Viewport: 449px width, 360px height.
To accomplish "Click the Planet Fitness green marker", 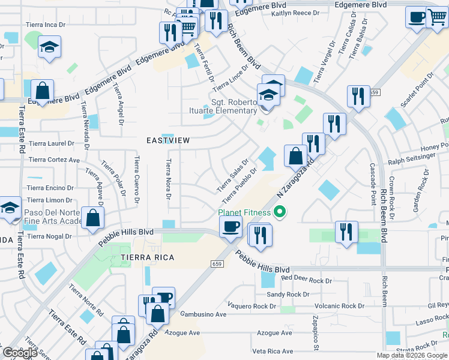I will pos(279,212).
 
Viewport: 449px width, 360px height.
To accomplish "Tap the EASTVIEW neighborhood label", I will pos(168,140).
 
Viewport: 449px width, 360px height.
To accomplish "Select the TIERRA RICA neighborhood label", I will pos(147,257).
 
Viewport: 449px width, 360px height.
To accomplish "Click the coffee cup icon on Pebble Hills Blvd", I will pos(231,227).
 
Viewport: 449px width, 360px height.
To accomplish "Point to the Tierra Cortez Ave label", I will pos(55,160).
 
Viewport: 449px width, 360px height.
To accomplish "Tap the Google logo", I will pos(20,352).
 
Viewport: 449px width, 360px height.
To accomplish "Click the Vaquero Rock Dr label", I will pos(252,306).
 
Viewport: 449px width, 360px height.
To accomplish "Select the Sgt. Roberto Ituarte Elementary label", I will pos(234,106).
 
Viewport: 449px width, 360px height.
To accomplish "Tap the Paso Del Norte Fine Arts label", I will pos(54,217).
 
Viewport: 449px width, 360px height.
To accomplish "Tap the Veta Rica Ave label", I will pos(273,351).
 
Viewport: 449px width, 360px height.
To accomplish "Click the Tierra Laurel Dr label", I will pos(52,144).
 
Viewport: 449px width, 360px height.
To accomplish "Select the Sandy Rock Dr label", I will pos(288,295).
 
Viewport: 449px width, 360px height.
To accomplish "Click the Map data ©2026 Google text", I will pos(412,355).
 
